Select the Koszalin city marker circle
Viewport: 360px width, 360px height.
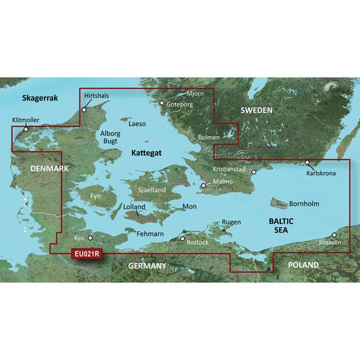point(333,235)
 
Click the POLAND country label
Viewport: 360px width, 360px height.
point(302,265)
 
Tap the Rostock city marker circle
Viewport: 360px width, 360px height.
point(182,238)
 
